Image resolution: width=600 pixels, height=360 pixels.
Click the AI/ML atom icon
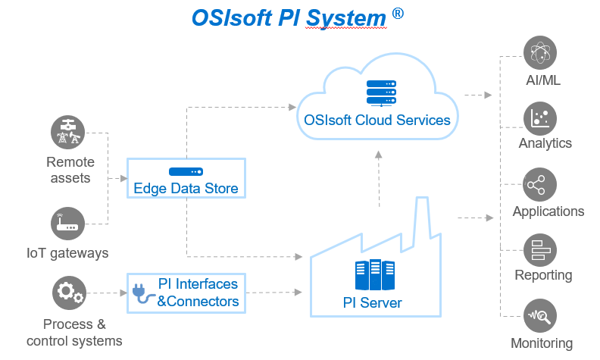click(x=540, y=52)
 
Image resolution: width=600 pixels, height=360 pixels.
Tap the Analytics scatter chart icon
click(x=540, y=118)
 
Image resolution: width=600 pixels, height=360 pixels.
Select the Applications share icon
click(x=539, y=185)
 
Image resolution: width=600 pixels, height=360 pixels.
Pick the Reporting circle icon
click(x=540, y=250)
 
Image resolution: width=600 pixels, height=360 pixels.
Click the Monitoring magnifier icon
click(x=540, y=316)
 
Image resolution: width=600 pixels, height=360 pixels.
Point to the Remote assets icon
click(x=67, y=132)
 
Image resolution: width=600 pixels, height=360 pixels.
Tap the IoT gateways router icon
click(x=67, y=224)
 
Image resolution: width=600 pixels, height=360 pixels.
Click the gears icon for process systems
click(x=69, y=293)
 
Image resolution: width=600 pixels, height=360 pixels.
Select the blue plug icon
click(x=143, y=293)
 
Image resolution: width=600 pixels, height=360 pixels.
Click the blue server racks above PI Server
click(x=374, y=274)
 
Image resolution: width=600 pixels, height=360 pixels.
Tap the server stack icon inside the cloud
click(x=381, y=93)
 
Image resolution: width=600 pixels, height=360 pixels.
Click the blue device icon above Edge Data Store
click(x=186, y=171)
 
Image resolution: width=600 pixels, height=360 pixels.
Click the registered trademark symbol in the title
click(x=398, y=14)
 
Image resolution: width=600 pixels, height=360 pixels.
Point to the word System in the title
click(x=346, y=18)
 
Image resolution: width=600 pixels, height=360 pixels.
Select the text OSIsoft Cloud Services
click(x=377, y=120)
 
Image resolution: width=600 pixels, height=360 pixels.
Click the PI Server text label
click(x=372, y=302)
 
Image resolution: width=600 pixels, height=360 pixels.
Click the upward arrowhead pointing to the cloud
click(x=379, y=155)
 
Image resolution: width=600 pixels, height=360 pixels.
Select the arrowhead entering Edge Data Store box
click(x=123, y=178)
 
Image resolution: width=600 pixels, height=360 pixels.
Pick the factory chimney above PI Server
click(x=421, y=221)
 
